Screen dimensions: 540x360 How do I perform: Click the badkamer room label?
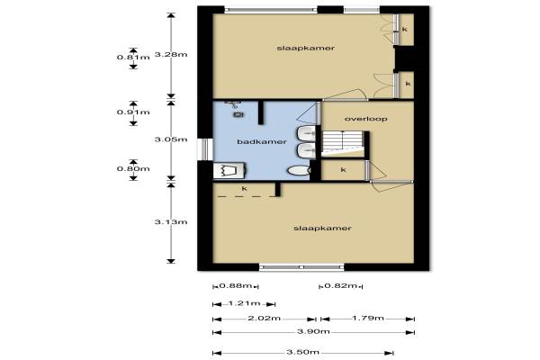262,141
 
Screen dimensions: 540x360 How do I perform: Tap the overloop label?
365,119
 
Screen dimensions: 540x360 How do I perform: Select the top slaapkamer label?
305,48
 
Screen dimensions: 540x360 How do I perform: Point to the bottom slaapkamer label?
322,228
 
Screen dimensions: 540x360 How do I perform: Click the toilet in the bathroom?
299,170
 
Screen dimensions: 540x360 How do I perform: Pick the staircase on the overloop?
343,144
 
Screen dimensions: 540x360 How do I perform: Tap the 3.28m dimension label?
171,54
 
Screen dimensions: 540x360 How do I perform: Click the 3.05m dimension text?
171,139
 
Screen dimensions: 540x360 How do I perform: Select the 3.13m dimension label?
171,222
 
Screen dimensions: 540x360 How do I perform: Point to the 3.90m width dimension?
313,332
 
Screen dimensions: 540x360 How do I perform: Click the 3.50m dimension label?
302,352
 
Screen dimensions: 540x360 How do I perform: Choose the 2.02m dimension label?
264,318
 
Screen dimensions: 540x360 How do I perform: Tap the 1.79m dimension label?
368,318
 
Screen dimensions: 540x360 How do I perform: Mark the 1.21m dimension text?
244,303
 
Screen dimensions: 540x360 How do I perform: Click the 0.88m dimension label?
236,285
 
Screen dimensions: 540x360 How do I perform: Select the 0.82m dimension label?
340,285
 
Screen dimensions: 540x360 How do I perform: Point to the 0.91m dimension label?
133,112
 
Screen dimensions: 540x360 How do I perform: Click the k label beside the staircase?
343,169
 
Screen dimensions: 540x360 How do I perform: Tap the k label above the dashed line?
244,188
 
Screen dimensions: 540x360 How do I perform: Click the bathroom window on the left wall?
205,149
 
